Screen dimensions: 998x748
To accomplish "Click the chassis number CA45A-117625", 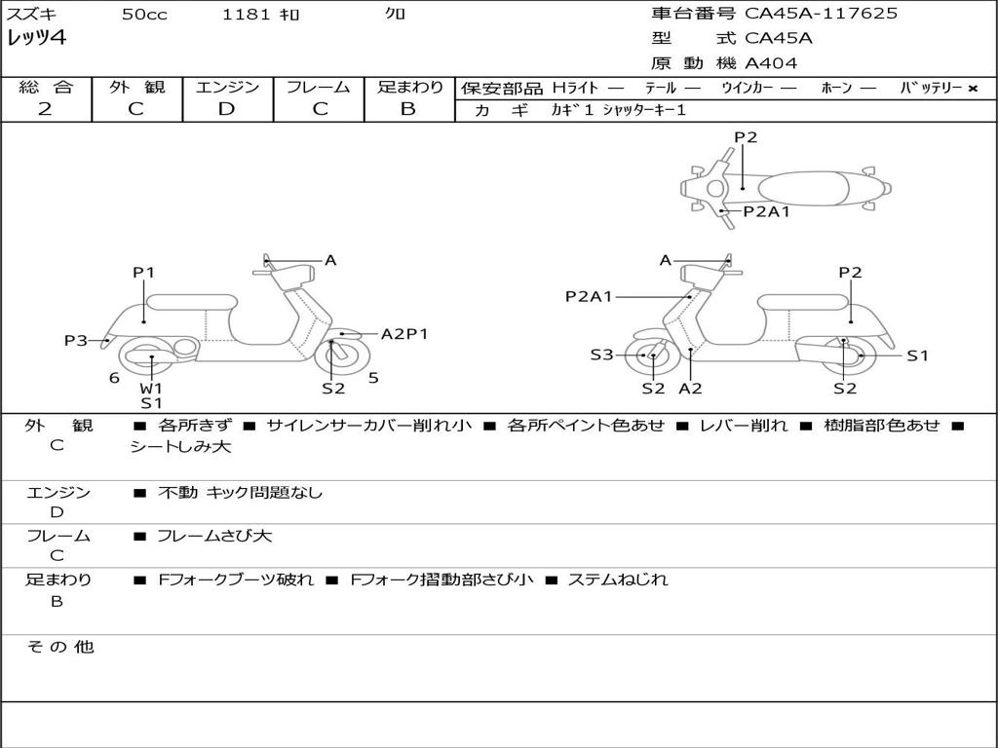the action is (821, 14).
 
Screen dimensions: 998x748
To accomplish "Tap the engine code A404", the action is (771, 63).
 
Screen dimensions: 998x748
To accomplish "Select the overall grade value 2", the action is (45, 109).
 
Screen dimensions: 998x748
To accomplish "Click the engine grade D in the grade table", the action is (226, 109).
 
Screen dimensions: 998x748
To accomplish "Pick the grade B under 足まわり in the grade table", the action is (408, 109).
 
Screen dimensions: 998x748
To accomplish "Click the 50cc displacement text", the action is (144, 15).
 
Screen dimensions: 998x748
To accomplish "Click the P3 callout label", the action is (76, 341).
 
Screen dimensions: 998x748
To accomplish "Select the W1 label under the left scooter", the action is (151, 388).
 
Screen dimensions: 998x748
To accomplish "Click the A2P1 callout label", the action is (404, 334).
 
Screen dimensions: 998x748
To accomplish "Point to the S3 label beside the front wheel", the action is (601, 355).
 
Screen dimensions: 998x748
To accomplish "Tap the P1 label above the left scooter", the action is (144, 273).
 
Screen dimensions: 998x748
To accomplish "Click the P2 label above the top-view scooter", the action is (746, 137).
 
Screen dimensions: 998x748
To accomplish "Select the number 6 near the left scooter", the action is (114, 378).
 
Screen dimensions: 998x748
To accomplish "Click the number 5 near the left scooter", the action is (373, 378).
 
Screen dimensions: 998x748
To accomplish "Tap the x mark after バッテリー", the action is (973, 89).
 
